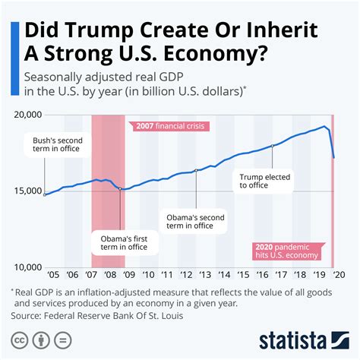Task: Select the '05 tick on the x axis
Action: click(x=54, y=277)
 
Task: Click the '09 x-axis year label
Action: click(x=128, y=277)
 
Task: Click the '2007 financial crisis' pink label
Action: click(x=168, y=126)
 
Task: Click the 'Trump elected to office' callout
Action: click(x=261, y=183)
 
